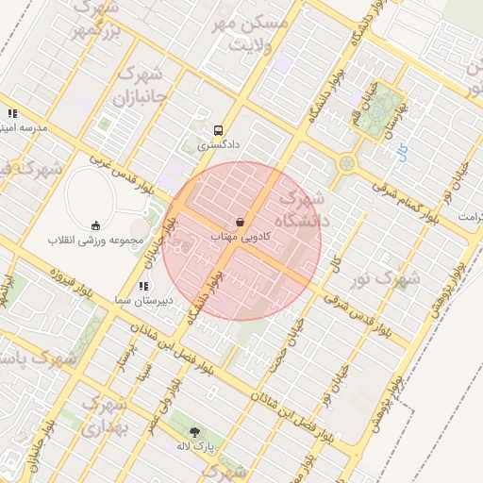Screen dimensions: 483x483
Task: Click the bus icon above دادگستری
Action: pyautogui.click(x=220, y=130)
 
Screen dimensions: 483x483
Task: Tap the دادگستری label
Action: pyautogui.click(x=218, y=146)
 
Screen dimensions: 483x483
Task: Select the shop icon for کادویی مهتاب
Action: pyautogui.click(x=240, y=222)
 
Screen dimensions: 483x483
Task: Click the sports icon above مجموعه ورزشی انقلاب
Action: pyautogui.click(x=95, y=225)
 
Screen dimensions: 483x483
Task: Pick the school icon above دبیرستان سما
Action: pyautogui.click(x=142, y=285)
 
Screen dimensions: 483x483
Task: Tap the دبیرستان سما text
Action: pyautogui.click(x=142, y=299)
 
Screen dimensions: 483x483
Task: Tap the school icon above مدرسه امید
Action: pyautogui.click(x=13, y=113)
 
